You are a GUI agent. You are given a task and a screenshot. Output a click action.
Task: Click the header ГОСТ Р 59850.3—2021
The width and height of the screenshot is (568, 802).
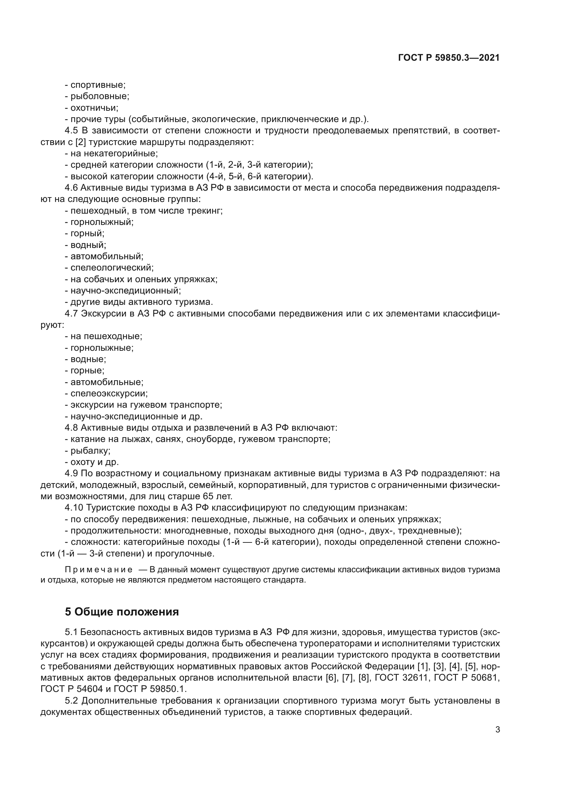tap(449, 58)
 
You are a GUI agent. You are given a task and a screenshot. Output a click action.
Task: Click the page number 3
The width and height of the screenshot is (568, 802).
tap(497, 729)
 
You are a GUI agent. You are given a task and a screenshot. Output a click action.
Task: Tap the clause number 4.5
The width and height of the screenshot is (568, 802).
tap(72, 131)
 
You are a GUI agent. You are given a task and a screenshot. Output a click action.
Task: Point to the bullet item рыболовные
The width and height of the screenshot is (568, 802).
tap(100, 96)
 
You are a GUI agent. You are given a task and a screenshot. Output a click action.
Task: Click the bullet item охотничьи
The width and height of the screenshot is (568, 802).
tap(94, 108)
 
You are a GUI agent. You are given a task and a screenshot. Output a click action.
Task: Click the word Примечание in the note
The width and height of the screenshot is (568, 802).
tap(99, 570)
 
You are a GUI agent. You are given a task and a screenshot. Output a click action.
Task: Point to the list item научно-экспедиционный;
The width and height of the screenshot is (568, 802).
tap(126, 290)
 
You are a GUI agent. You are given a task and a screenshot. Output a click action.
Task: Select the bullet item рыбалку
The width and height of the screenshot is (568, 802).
tap(90, 451)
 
